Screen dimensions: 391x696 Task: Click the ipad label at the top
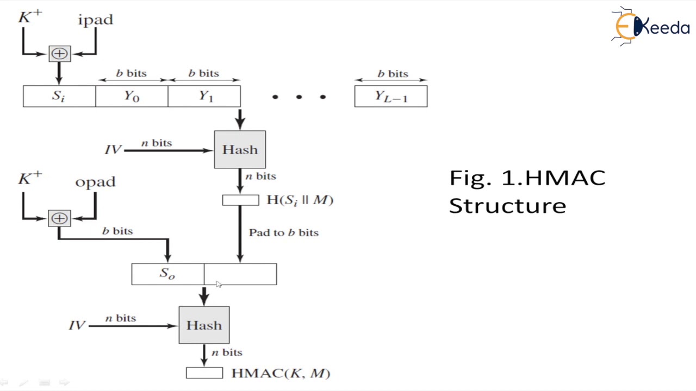point(96,20)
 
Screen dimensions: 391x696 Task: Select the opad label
point(95,182)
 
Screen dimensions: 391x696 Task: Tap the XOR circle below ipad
point(59,54)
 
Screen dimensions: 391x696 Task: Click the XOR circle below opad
point(59,218)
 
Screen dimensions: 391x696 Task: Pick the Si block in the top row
point(59,97)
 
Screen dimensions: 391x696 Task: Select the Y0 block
point(132,97)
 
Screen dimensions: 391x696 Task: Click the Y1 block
point(204,97)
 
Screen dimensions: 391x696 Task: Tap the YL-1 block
point(390,97)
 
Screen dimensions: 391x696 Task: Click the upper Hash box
point(240,149)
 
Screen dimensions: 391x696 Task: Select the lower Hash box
point(204,325)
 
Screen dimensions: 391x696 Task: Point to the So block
point(167,274)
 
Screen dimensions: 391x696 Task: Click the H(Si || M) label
point(300,200)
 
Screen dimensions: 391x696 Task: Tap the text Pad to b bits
point(283,232)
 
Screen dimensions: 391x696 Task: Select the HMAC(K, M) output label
point(281,373)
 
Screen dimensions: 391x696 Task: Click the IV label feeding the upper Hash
point(113,150)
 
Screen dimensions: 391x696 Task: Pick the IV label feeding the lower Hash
point(77,325)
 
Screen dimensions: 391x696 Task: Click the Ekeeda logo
point(651,26)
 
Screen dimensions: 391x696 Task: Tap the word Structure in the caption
point(507,206)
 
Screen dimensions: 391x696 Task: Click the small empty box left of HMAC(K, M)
point(204,373)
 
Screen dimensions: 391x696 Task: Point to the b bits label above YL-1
point(393,74)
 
